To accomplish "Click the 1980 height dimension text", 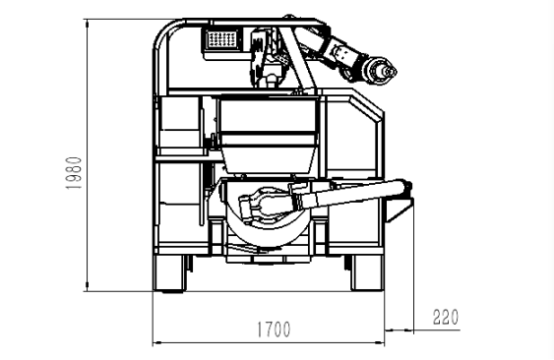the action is [x=74, y=173].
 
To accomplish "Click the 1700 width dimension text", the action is [x=274, y=330].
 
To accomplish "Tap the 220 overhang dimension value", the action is [x=446, y=317].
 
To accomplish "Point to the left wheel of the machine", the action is [x=169, y=273].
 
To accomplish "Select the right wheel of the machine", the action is [x=367, y=272].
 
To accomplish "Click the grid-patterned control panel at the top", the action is [x=221, y=39].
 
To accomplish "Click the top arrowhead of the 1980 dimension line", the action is [x=87, y=23].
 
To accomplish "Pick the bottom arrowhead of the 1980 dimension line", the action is [x=87, y=287].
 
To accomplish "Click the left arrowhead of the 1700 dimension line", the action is [x=157, y=342].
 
